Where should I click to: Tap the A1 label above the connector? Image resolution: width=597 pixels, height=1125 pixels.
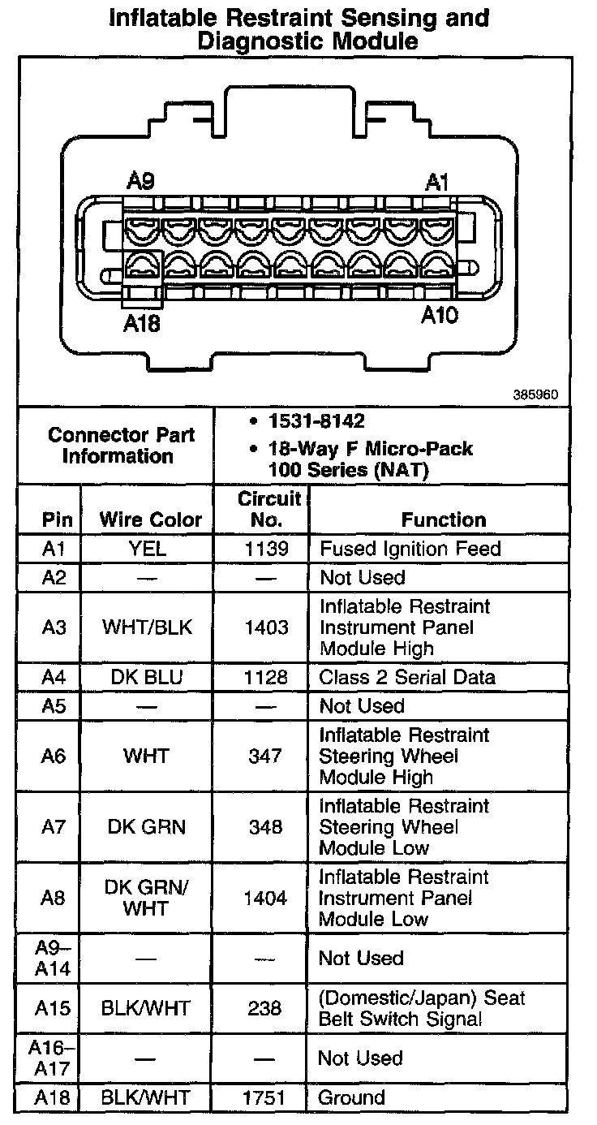pyautogui.click(x=436, y=182)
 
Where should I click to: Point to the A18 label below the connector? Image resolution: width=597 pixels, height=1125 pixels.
pyautogui.click(x=142, y=323)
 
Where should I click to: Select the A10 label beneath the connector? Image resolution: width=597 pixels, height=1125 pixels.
pyautogui.click(x=439, y=316)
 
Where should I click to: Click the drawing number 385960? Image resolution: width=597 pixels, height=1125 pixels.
pyautogui.click(x=535, y=395)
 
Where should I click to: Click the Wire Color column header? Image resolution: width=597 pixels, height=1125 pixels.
pyautogui.click(x=150, y=519)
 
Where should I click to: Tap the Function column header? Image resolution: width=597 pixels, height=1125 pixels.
pyautogui.click(x=444, y=519)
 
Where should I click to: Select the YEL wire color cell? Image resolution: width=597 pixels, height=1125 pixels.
pyautogui.click(x=148, y=549)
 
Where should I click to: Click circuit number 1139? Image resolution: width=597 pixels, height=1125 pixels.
pyautogui.click(x=266, y=549)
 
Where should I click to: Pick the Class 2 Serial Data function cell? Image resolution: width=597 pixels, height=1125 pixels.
pyautogui.click(x=407, y=677)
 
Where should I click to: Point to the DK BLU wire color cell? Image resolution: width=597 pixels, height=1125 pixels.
pyautogui.click(x=147, y=677)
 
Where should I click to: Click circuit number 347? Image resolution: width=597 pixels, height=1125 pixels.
pyautogui.click(x=266, y=756)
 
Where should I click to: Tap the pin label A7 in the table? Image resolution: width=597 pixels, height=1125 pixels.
pyautogui.click(x=53, y=827)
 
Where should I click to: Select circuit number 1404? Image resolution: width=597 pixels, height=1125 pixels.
pyautogui.click(x=266, y=898)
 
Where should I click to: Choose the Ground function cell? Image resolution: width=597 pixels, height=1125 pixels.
pyautogui.click(x=351, y=1098)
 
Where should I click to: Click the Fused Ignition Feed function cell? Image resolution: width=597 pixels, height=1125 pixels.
pyautogui.click(x=410, y=549)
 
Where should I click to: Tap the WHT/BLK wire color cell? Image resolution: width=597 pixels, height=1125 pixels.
pyautogui.click(x=147, y=627)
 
